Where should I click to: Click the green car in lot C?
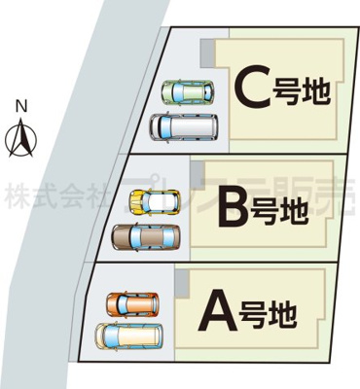coord(187,92)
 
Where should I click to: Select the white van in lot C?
coord(185,125)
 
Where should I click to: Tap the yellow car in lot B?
coord(155,202)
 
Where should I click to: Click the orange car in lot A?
coord(132,303)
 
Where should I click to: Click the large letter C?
coord(251,88)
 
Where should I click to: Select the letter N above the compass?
coord(19,105)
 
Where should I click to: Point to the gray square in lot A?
coord(180,281)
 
